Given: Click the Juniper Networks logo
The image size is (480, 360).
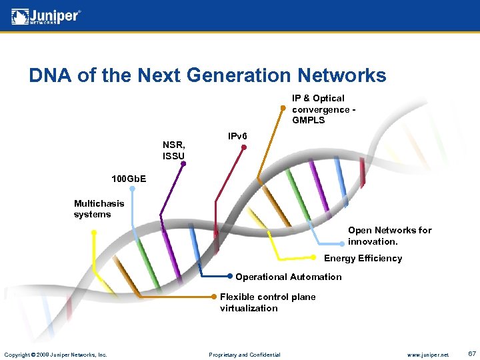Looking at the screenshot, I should [x=46, y=17].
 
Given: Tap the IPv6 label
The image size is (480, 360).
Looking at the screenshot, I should [x=237, y=137].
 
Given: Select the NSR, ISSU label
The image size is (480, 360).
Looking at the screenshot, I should [x=174, y=150].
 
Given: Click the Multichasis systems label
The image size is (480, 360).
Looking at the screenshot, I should [x=99, y=209].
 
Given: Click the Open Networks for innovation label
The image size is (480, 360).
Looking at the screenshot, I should [x=389, y=235].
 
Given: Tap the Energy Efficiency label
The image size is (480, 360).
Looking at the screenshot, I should [x=363, y=259].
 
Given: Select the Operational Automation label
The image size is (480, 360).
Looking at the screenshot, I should [x=288, y=277].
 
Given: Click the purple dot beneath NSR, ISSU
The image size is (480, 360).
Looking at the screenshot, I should [x=183, y=163].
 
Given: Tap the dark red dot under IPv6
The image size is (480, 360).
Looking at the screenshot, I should [x=244, y=148].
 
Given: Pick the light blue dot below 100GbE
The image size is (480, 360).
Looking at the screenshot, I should [x=132, y=189].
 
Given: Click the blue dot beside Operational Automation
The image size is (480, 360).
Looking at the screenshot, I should [x=230, y=276].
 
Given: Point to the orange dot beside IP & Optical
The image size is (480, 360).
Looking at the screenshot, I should [x=283, y=108].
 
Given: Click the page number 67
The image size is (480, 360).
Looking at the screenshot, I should [x=471, y=354].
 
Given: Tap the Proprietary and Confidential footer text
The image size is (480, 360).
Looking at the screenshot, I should [x=244, y=355].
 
